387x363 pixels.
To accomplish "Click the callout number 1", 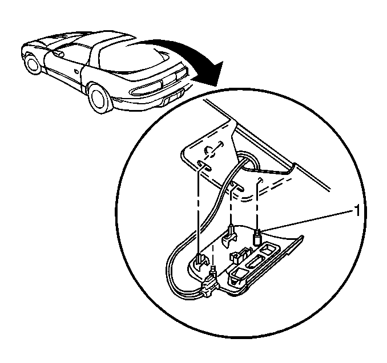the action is (356, 210).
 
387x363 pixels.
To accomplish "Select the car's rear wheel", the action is (99, 97).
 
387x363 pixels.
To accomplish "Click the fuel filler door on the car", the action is (76, 71).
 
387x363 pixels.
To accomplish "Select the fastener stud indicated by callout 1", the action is (257, 237).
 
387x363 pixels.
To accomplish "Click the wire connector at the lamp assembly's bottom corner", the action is (210, 285).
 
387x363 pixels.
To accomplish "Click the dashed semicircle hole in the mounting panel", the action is (209, 152).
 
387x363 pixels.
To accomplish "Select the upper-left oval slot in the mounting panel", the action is (204, 165).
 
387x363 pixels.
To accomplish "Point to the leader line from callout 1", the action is (306, 221).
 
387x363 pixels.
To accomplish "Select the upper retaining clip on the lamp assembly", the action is (230, 235).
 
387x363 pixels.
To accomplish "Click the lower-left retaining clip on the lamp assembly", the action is (201, 260).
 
